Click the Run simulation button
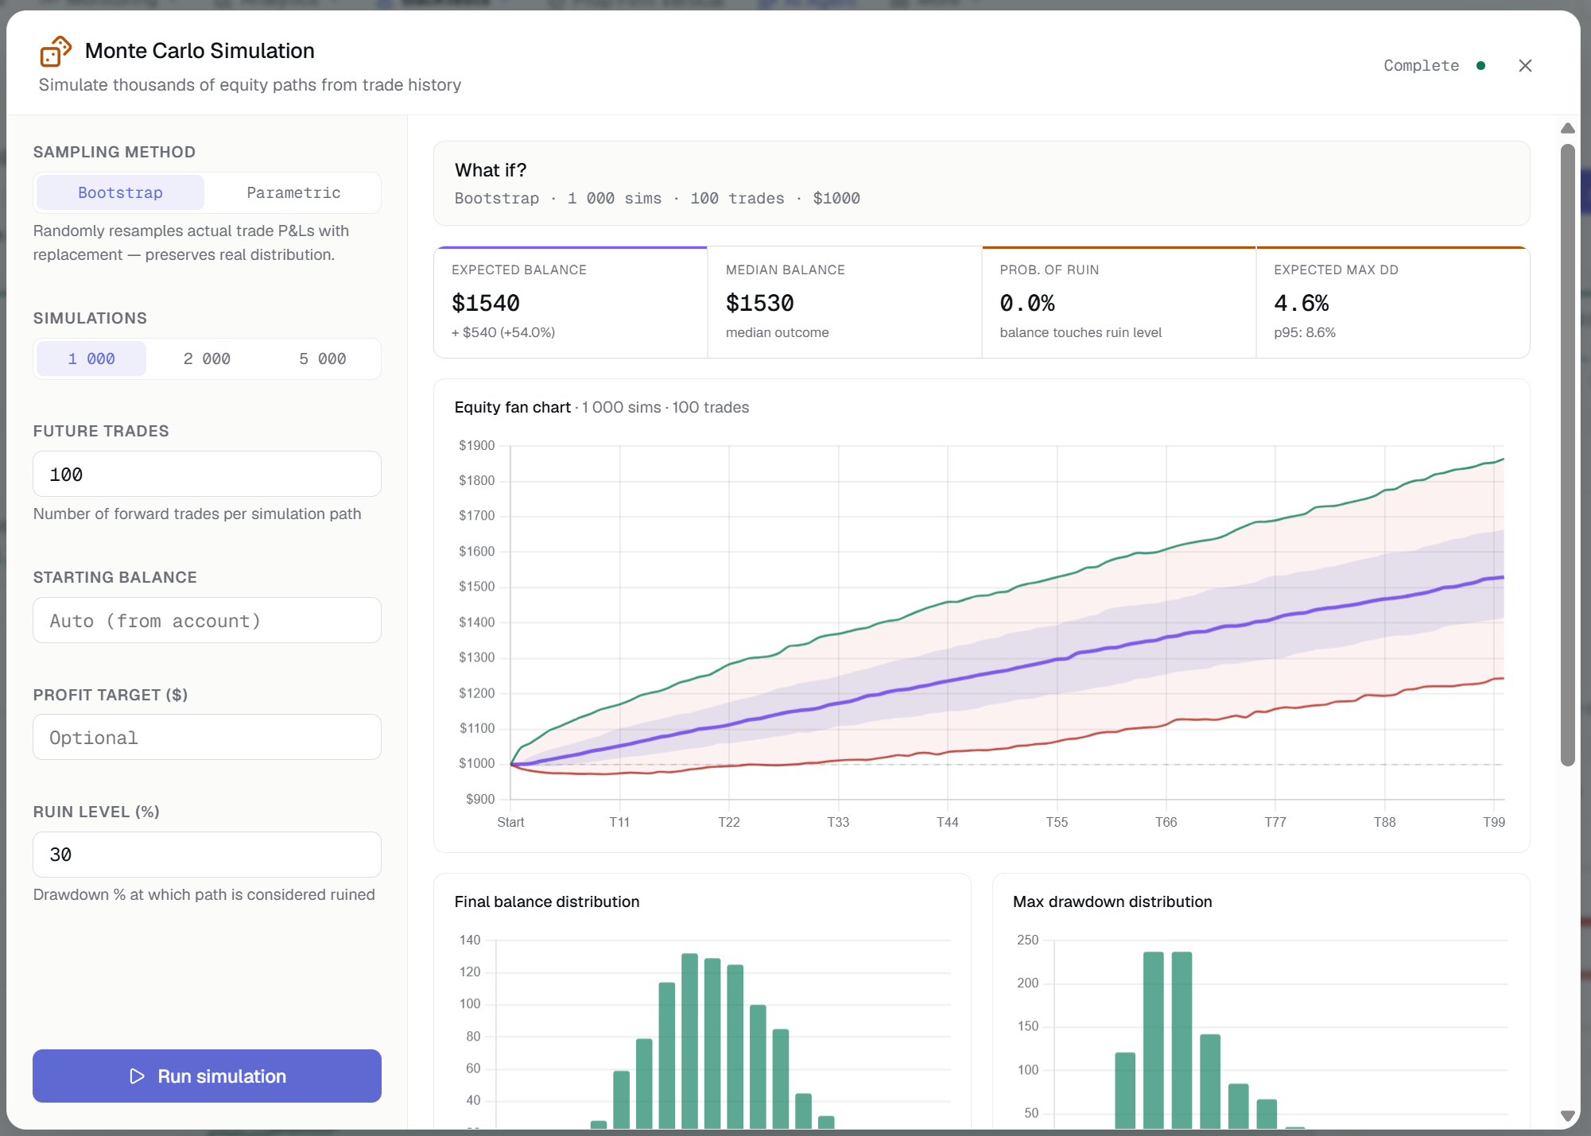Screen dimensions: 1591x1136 207,1076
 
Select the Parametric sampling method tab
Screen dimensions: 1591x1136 293,192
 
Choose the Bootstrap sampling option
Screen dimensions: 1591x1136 120,192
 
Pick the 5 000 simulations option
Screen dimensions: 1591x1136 322,359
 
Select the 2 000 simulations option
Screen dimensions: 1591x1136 207,359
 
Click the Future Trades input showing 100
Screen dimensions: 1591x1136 207,474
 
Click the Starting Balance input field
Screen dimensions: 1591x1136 207,620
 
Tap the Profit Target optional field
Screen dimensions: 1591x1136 207,737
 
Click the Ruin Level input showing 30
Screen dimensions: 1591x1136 207,855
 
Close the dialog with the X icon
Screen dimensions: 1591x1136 1525,65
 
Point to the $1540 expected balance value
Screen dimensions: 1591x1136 486,303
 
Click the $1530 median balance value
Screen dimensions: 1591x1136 760,303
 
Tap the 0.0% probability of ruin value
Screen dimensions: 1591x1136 1027,303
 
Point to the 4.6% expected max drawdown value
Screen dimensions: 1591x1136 1302,303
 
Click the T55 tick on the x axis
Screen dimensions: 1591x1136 1057,822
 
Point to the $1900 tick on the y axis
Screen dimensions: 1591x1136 476,445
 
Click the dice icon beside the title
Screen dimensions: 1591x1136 56,51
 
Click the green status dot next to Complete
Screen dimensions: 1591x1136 1480,65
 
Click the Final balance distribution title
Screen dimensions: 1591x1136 547,901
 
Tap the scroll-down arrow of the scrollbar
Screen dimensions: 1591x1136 1568,1116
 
